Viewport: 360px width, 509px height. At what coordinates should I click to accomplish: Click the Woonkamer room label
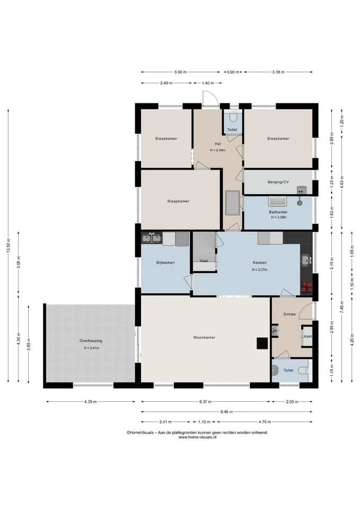tap(204, 338)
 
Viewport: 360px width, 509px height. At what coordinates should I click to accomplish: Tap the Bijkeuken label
tap(165, 262)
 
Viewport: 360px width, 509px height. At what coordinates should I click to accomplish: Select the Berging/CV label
tap(278, 182)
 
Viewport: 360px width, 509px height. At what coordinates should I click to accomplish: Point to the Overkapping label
tap(91, 341)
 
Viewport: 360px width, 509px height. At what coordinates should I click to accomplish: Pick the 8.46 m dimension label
tap(226, 412)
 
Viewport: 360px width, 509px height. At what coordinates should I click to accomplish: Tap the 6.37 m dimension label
tap(206, 402)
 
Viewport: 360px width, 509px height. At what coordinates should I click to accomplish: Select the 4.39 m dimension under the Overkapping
tap(91, 402)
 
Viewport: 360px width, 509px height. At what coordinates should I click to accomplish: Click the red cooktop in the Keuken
tap(307, 287)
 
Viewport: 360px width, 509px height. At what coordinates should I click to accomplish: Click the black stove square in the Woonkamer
tap(262, 344)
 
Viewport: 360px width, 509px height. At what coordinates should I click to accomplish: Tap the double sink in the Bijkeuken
tap(152, 239)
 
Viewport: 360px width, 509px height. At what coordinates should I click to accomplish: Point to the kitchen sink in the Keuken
tap(306, 260)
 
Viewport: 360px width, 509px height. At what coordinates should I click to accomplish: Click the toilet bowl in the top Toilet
tap(233, 116)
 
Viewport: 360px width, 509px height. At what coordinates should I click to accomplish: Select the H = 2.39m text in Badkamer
tap(279, 217)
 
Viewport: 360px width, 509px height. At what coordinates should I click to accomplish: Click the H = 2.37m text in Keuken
tap(260, 270)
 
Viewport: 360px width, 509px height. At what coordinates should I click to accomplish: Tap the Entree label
tap(289, 314)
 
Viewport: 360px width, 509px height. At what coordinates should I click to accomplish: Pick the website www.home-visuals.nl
tap(197, 437)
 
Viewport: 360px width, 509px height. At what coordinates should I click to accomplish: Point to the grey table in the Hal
tap(232, 203)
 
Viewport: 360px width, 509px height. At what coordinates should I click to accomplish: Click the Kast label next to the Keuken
tap(204, 261)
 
